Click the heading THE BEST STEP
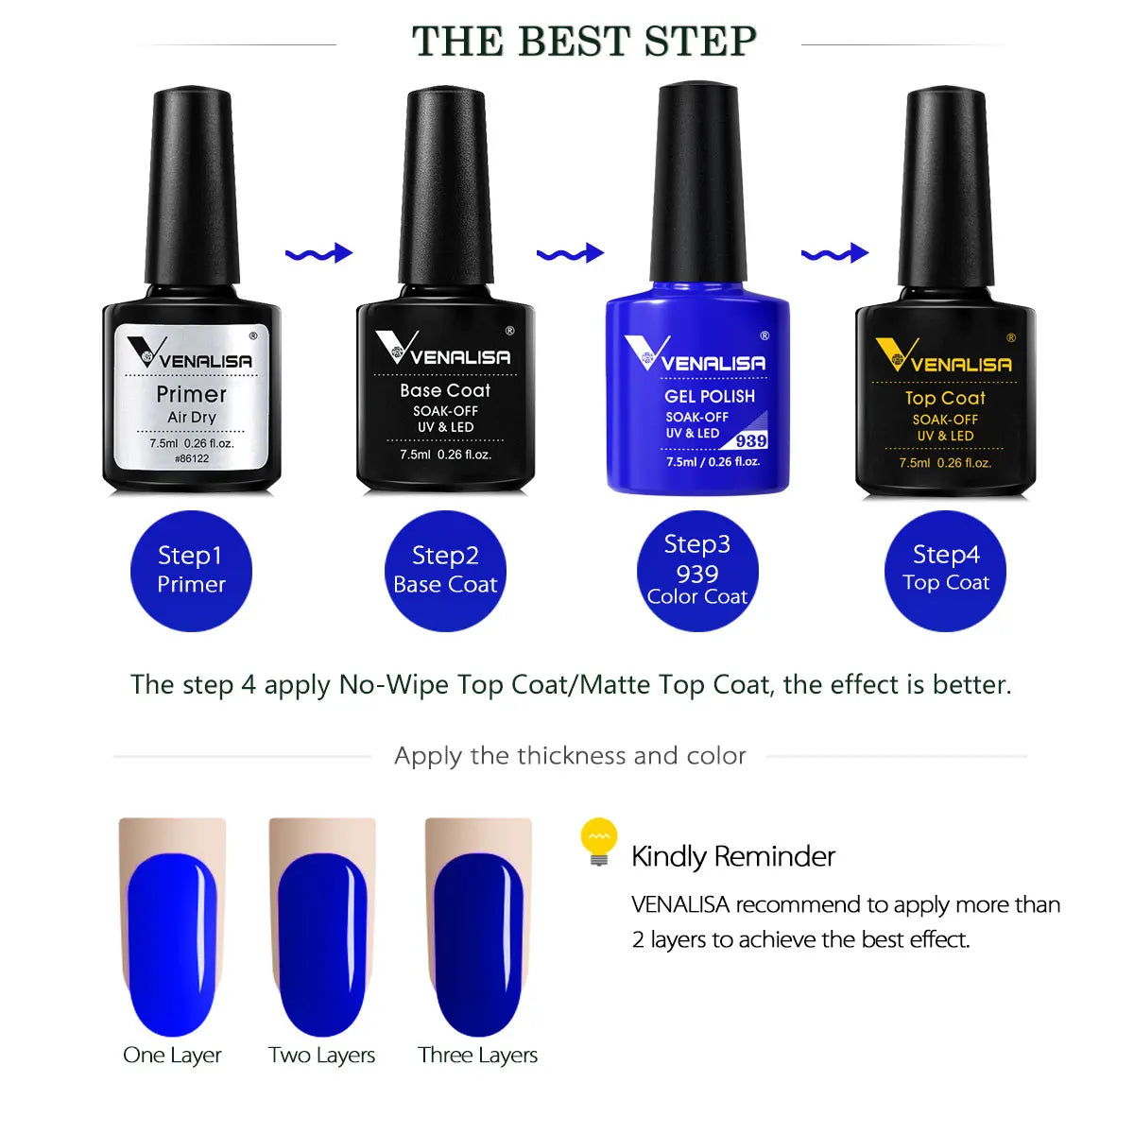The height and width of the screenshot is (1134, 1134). pyautogui.click(x=584, y=42)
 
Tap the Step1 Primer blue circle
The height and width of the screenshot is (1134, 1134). pyautogui.click(x=191, y=570)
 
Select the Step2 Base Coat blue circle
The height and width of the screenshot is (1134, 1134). pyautogui.click(x=445, y=570)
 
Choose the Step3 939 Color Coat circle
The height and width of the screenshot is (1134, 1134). pyautogui.click(x=697, y=570)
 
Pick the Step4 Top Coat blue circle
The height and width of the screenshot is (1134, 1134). pyautogui.click(x=945, y=570)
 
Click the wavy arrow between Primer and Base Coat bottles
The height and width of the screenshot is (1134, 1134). pyautogui.click(x=318, y=253)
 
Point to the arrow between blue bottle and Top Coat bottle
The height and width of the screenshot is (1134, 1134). pyautogui.click(x=833, y=253)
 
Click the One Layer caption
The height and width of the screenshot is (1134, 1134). pyautogui.click(x=172, y=1055)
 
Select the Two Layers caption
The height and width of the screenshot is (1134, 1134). pyautogui.click(x=321, y=1055)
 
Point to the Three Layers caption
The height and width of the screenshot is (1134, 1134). pyautogui.click(x=477, y=1055)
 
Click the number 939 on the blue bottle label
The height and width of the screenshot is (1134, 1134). pyautogui.click(x=751, y=440)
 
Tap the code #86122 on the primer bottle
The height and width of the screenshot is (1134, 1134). pyautogui.click(x=192, y=459)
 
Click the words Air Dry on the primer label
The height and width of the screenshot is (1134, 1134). pyautogui.click(x=192, y=417)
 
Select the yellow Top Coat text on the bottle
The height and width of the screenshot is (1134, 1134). pyautogui.click(x=945, y=398)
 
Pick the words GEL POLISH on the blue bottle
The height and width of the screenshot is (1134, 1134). pyautogui.click(x=710, y=396)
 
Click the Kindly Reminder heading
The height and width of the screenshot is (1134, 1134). pyautogui.click(x=732, y=856)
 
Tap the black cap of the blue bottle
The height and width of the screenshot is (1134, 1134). pyautogui.click(x=698, y=180)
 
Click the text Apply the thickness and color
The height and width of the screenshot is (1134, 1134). pyautogui.click(x=570, y=756)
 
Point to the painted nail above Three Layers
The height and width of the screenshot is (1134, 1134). pyautogui.click(x=478, y=945)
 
